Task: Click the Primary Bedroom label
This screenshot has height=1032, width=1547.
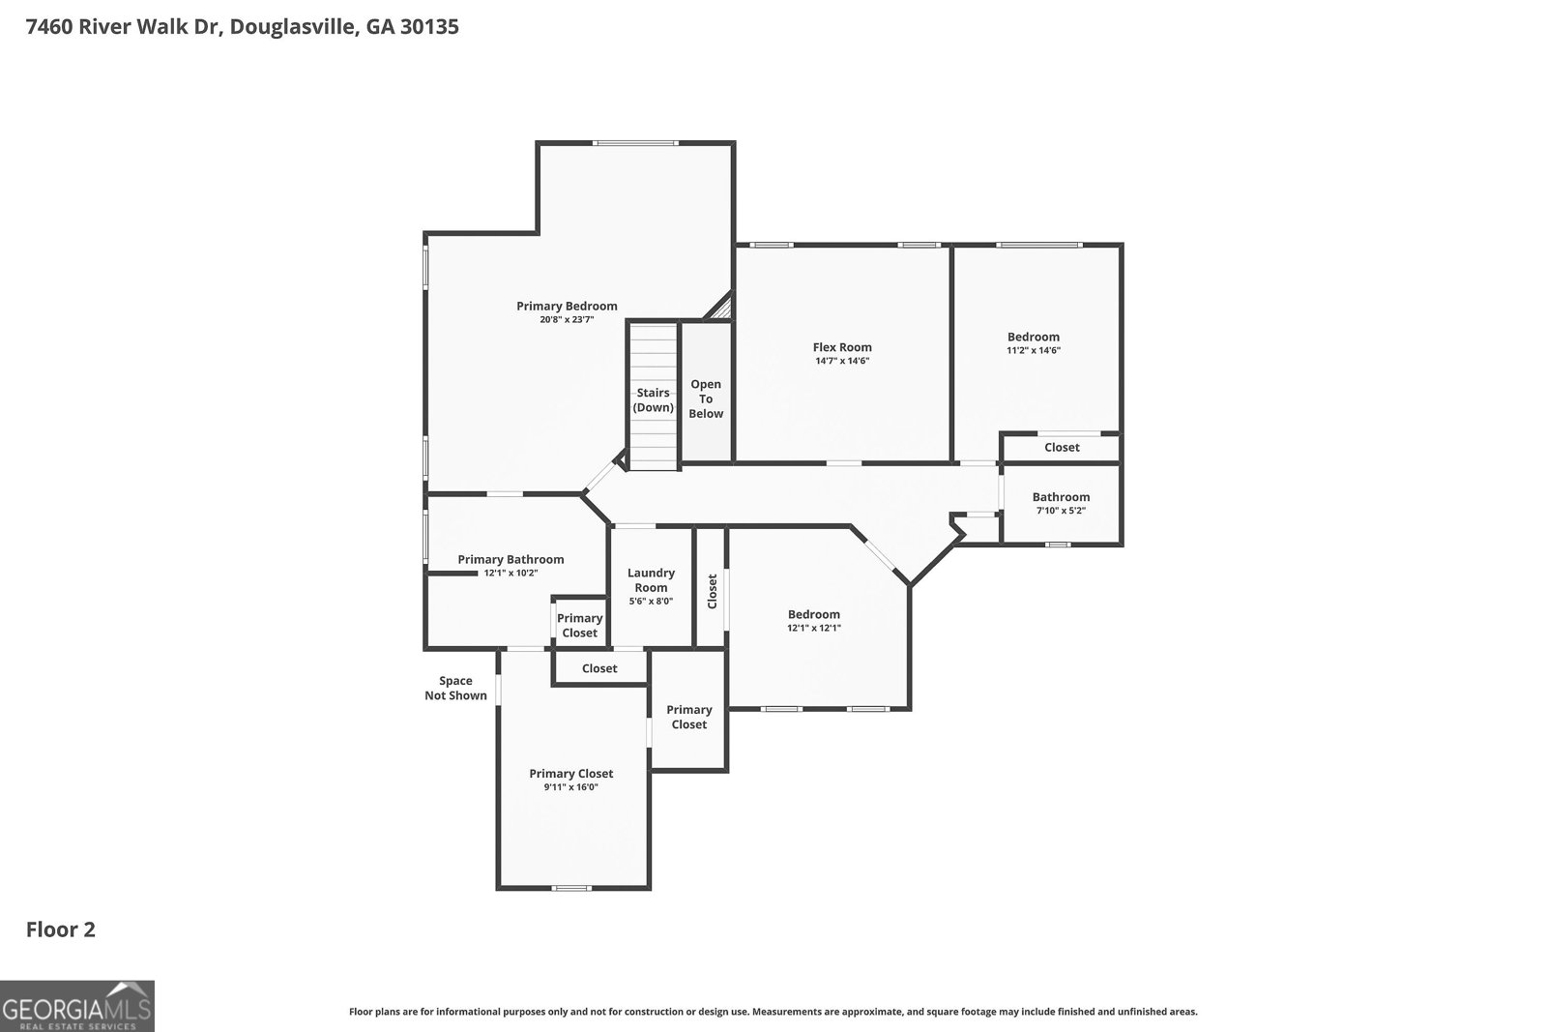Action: pos(567,307)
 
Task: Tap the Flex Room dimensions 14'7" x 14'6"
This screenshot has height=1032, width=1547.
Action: pos(841,362)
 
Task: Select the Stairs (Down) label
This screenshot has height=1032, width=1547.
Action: pos(654,399)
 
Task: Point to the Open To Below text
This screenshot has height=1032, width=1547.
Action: pos(706,398)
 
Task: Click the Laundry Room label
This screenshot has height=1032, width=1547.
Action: pos(651,580)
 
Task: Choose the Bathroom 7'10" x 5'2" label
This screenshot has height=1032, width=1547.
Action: pos(1061,503)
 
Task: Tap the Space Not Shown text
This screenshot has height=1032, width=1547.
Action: pos(455,688)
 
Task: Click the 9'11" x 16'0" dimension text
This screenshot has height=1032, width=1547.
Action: pos(570,787)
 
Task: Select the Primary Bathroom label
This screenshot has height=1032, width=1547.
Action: pos(511,559)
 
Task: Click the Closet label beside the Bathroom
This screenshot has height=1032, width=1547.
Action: pos(1062,448)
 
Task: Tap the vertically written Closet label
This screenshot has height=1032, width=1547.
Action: pos(713,591)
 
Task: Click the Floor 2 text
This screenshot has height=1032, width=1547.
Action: pos(60,929)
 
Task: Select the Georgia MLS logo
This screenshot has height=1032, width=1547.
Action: pos(76,1006)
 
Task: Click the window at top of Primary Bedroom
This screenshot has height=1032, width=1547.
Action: pos(635,143)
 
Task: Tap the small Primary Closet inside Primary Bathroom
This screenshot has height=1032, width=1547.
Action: pos(579,625)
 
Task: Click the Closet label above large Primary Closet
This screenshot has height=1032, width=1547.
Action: pos(599,668)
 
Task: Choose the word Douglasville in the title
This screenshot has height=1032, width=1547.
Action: pos(295,26)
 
